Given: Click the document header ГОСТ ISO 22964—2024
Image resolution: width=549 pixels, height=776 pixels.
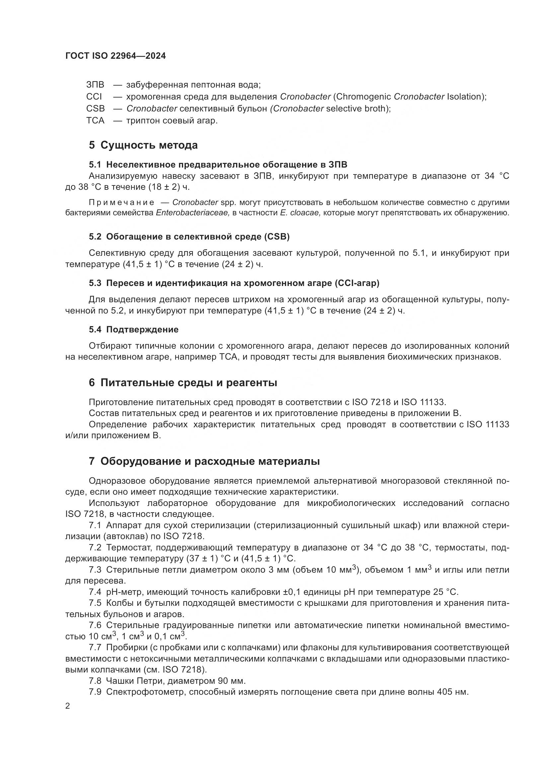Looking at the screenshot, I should (x=116, y=56).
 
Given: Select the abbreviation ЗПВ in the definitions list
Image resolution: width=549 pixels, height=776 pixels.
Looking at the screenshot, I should (x=95, y=85).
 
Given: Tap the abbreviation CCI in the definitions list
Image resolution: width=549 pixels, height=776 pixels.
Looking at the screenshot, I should (x=94, y=97).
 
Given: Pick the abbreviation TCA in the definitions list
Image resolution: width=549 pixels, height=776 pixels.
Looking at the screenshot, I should (x=95, y=121).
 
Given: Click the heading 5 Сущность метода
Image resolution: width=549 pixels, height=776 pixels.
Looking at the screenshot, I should (x=143, y=145).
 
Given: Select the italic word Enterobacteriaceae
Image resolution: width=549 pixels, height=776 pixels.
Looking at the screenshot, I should (x=193, y=213).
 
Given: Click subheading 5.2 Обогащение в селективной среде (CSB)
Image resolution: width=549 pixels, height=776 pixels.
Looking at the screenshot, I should (x=189, y=237).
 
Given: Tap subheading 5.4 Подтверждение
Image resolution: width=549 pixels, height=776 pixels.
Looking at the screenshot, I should (x=134, y=329).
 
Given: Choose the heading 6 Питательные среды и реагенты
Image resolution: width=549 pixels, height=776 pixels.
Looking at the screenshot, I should (x=183, y=383).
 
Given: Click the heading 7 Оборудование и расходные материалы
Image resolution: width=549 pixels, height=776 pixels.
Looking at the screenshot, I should (x=204, y=461).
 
